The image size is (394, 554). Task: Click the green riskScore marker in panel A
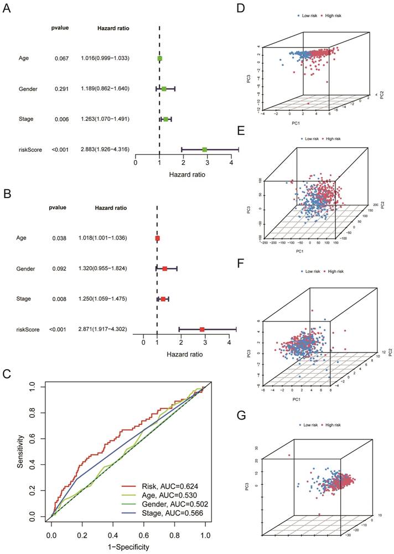tap(205, 149)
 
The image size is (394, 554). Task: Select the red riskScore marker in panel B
tap(202, 329)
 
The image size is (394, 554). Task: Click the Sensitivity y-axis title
tap(20, 451)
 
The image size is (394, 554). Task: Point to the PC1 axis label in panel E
tap(299, 252)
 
